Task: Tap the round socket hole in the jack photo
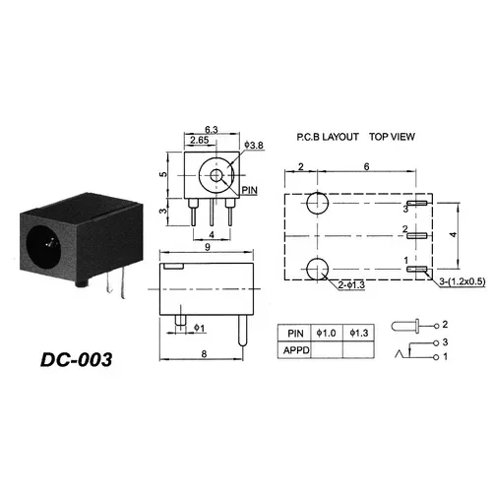point(44,242)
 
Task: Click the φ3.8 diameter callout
point(252,146)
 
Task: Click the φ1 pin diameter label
point(198,327)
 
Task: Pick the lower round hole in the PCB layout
point(317,268)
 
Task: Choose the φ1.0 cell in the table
point(329,332)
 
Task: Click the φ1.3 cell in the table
point(363,332)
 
